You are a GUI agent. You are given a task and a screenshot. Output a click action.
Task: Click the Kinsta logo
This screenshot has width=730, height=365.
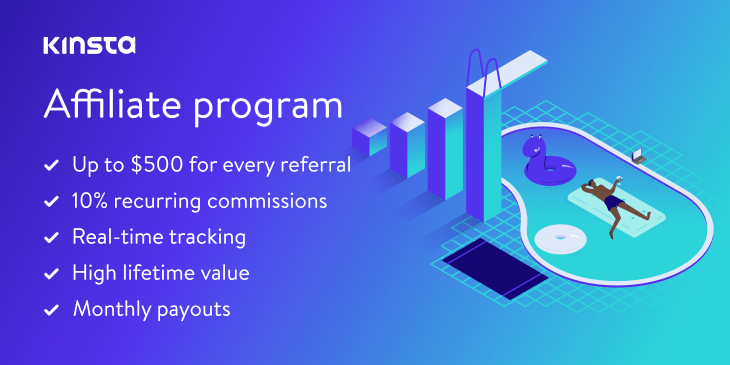click(89, 45)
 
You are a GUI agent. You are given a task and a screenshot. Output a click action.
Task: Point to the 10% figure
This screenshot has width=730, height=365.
click(89, 201)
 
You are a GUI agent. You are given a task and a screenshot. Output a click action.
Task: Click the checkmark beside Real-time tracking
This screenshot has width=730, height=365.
click(51, 238)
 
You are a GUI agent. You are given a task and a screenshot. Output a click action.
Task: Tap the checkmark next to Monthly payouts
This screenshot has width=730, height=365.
click(51, 310)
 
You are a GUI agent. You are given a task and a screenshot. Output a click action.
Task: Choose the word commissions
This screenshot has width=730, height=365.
click(267, 201)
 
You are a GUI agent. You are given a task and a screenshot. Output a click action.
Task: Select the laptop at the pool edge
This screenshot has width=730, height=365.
click(638, 156)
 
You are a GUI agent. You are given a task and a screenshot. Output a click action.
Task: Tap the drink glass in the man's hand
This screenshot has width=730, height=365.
click(619, 178)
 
